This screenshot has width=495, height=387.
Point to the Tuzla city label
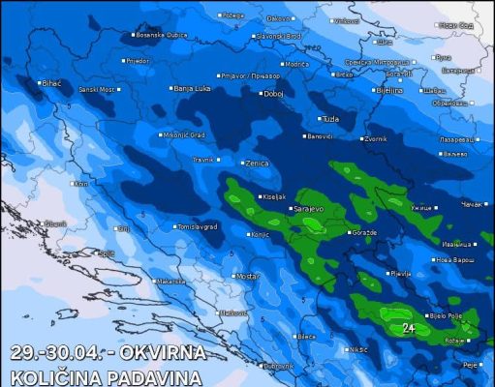coord(330,119)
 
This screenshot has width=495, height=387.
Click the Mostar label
coord(248,276)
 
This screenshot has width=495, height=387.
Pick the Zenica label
coord(257,164)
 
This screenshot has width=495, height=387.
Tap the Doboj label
coord(273,94)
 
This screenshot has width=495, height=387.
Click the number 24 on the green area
coord(410,328)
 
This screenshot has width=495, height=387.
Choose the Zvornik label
coord(375,139)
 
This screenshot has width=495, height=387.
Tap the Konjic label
coord(259,234)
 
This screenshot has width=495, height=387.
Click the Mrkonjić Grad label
coord(184,134)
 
